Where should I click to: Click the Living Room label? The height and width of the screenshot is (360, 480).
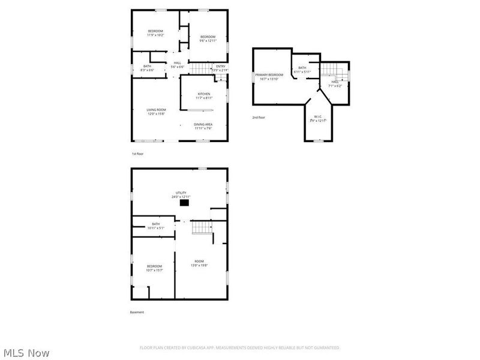click(156, 111)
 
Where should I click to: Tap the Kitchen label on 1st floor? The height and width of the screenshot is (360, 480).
click(204, 95)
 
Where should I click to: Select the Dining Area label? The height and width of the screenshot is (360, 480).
click(203, 126)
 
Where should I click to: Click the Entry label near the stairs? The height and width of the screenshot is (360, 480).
click(220, 68)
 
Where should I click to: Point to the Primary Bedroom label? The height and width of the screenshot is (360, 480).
click(269, 76)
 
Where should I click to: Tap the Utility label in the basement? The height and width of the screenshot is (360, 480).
click(181, 194)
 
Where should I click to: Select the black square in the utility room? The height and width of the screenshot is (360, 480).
click(184, 203)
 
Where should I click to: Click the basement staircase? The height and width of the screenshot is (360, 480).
click(202, 227)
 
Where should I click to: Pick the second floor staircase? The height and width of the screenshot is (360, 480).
click(334, 74)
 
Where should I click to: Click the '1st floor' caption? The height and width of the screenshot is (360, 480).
click(137, 154)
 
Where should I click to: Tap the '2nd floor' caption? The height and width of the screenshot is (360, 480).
click(258, 118)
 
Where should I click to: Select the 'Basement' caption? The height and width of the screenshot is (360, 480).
click(137, 312)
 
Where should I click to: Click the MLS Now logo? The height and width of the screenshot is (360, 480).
click(26, 353)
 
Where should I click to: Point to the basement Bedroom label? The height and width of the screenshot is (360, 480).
click(154, 268)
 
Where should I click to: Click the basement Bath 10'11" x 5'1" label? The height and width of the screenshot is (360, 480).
click(155, 226)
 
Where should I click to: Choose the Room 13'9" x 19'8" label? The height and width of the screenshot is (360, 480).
click(199, 263)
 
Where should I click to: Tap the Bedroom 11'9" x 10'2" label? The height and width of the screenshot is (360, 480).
click(155, 33)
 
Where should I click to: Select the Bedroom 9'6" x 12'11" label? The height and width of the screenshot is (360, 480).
click(208, 39)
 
